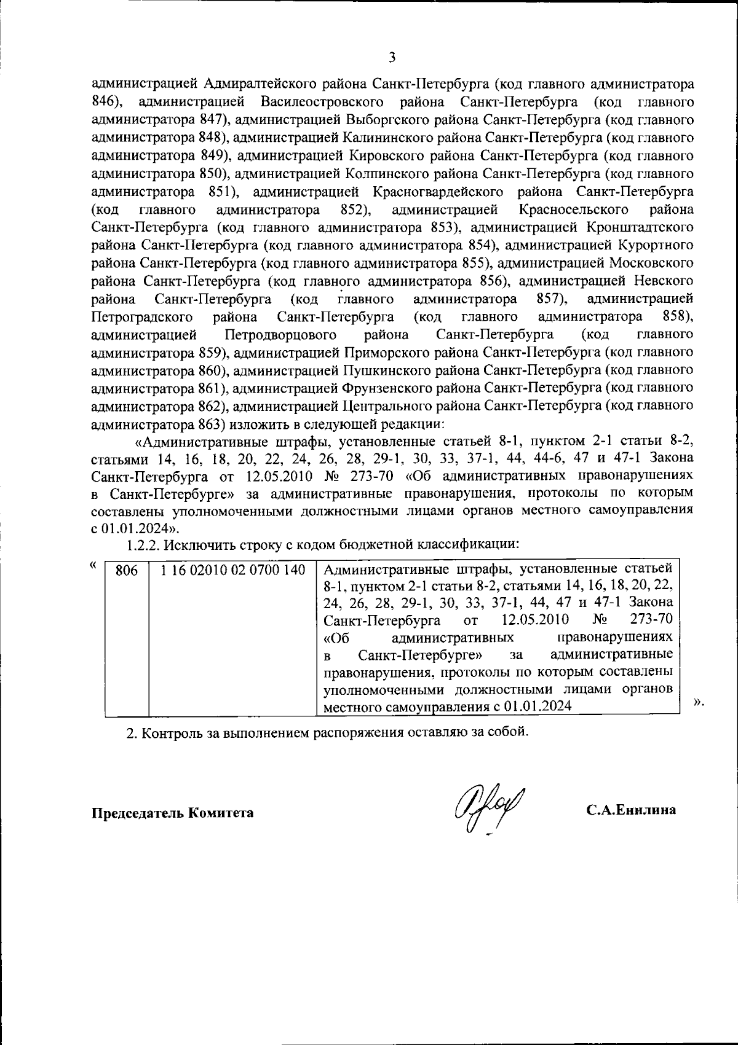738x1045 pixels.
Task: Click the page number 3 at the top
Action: (392, 58)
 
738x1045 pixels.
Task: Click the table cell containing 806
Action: (127, 571)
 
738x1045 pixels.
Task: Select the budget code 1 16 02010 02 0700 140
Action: (233, 570)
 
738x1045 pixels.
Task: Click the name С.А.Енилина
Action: (631, 810)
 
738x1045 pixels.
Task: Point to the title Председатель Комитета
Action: (173, 813)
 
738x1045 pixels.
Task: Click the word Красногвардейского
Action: (439, 192)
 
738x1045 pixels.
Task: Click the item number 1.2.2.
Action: (145, 544)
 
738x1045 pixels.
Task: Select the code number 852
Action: (354, 209)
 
